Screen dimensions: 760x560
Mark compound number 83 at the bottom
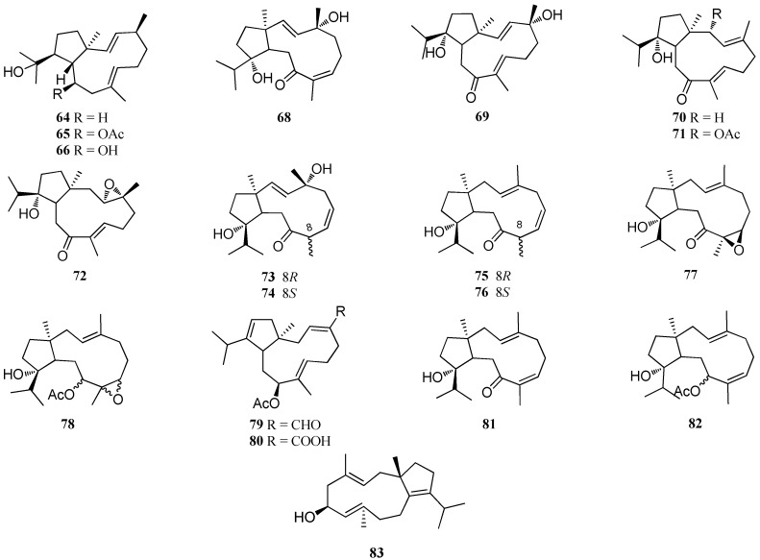(387, 549)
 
